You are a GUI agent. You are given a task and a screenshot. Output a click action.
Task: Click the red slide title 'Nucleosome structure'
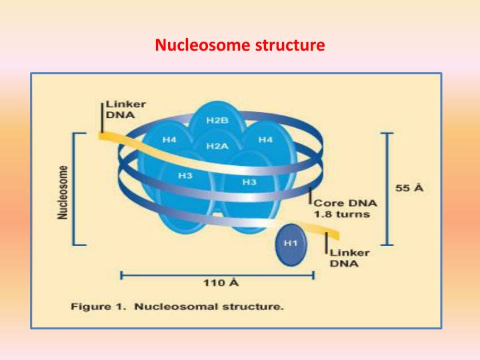pos(240,46)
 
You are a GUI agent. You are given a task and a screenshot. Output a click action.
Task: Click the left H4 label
pos(170,140)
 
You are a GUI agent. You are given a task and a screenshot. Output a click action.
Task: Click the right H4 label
pos(266,140)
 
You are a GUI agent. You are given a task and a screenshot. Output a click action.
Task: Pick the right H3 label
pos(249,182)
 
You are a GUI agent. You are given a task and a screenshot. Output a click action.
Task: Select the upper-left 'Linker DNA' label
pos(125,110)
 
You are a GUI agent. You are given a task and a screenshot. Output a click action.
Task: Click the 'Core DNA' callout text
pos(345,203)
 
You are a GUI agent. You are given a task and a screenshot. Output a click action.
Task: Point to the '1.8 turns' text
pos(341,215)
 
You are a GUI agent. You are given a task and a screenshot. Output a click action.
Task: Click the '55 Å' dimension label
pos(409,188)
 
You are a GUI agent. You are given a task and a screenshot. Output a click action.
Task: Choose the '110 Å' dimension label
pos(221,283)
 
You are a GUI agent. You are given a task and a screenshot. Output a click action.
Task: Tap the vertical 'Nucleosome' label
pos(63,193)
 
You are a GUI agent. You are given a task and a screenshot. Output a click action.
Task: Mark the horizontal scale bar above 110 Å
pos(217,273)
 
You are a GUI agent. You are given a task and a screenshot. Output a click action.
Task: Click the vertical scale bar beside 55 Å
pos(386,189)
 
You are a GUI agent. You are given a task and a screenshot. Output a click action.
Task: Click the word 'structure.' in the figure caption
pos(255,307)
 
